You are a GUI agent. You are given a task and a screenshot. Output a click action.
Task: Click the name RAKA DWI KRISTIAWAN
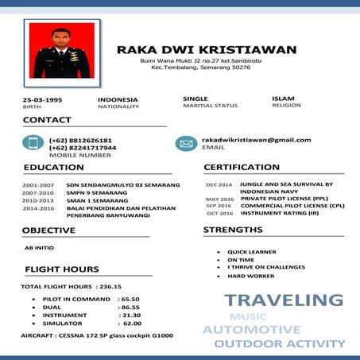(x=206, y=49)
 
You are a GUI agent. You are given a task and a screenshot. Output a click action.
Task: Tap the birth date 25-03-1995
(x=43, y=99)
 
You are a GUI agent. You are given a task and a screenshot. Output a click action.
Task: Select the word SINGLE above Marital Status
(x=195, y=99)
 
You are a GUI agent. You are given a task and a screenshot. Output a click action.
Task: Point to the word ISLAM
(x=284, y=99)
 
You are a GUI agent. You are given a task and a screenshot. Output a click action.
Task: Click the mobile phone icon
(x=33, y=144)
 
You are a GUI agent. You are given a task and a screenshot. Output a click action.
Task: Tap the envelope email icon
(x=185, y=144)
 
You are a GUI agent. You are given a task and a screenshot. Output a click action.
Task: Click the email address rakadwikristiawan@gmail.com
(x=256, y=140)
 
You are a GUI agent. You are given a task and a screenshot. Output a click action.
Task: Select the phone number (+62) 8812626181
(x=80, y=140)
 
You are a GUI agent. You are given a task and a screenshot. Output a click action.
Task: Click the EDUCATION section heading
(x=53, y=168)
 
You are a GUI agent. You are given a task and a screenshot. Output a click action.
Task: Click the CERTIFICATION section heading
(x=242, y=168)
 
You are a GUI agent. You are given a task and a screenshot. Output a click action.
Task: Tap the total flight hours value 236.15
(x=108, y=286)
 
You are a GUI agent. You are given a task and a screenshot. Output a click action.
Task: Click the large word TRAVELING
(x=283, y=300)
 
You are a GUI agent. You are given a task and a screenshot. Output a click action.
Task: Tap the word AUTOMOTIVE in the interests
(x=251, y=330)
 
